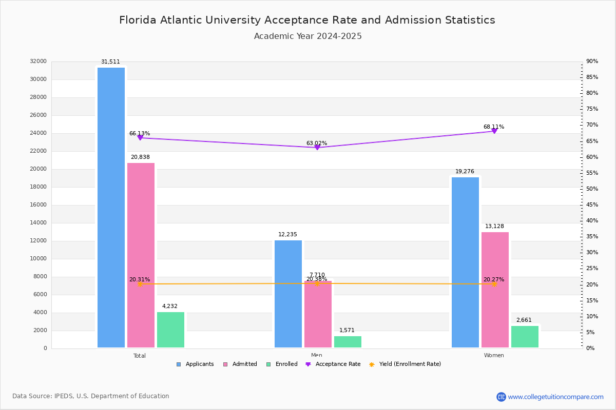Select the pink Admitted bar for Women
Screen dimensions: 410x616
(x=495, y=290)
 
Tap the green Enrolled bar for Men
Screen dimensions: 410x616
(x=348, y=342)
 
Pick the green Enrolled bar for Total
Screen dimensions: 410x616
(x=170, y=330)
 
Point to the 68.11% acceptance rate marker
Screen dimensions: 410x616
(x=494, y=131)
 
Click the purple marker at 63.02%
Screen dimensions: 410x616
(x=317, y=148)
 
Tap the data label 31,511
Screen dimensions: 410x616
(x=110, y=61)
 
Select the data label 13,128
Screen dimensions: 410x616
(x=495, y=227)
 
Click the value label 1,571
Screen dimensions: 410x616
(x=346, y=331)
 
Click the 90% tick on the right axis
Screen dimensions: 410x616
(x=592, y=61)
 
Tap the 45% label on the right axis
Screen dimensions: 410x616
(x=592, y=205)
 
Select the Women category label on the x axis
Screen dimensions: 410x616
(x=494, y=356)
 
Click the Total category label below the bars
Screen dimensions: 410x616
(x=140, y=356)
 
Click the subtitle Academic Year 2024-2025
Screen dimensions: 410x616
(x=308, y=36)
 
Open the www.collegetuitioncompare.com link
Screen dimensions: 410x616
(x=555, y=397)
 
